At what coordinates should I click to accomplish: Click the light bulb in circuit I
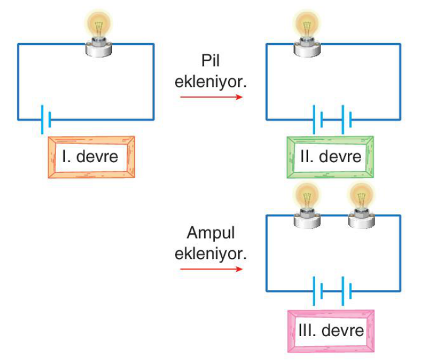[x=99, y=33]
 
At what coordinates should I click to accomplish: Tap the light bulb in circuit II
[x=307, y=33]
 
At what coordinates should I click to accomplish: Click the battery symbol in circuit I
[x=46, y=120]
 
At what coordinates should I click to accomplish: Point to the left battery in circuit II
[x=317, y=120]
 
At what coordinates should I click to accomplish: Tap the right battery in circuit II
[x=347, y=120]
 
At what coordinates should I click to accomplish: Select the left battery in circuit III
[x=317, y=291]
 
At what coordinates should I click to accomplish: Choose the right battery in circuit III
[x=347, y=291]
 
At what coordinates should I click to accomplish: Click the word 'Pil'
[x=211, y=60]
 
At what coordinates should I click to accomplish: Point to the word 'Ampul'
[x=211, y=233]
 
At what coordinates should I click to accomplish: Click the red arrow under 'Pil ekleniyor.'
[x=211, y=97]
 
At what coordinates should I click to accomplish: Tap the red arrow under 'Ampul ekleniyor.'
[x=211, y=269]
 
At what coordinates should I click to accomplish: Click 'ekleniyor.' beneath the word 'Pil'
[x=211, y=82]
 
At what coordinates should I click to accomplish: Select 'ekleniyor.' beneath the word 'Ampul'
[x=211, y=254]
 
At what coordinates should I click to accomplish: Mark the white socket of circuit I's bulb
[x=99, y=49]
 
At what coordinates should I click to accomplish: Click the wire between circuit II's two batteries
[x=332, y=120]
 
